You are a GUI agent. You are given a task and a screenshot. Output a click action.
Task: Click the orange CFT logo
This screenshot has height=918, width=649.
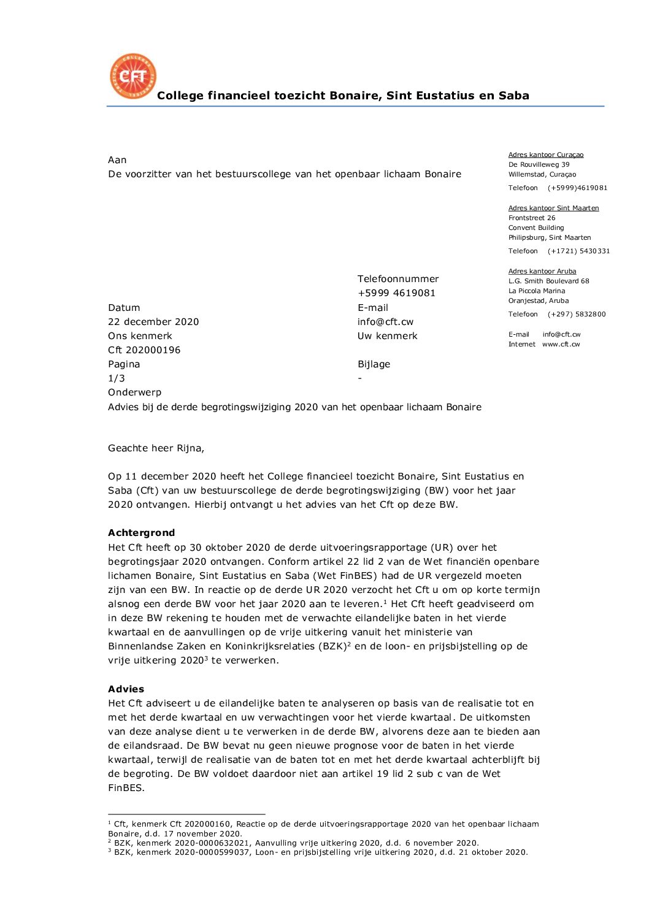pyautogui.click(x=132, y=76)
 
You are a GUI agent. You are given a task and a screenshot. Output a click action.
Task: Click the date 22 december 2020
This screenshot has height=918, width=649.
pyautogui.click(x=153, y=322)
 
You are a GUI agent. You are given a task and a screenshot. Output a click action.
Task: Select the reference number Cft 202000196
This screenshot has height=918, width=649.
pyautogui.click(x=144, y=350)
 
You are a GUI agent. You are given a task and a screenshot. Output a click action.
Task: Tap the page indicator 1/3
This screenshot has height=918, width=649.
pyautogui.click(x=117, y=378)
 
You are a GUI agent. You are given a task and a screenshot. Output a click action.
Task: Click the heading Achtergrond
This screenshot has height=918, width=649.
pyautogui.click(x=141, y=533)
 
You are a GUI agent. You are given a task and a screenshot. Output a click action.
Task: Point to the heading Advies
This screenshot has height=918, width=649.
pyautogui.click(x=126, y=689)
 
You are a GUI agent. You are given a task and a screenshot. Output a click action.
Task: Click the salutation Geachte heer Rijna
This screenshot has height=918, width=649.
pyautogui.click(x=156, y=448)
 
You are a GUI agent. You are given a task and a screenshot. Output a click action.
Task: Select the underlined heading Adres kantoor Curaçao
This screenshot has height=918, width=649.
pyautogui.click(x=546, y=155)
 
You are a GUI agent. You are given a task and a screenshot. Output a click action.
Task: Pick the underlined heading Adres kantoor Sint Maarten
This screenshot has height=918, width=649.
pyautogui.click(x=553, y=208)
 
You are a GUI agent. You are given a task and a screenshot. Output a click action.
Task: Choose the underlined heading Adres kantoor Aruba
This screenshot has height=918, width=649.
pyautogui.click(x=542, y=272)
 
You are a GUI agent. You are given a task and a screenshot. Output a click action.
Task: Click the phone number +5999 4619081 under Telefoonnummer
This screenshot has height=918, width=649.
pyautogui.click(x=396, y=293)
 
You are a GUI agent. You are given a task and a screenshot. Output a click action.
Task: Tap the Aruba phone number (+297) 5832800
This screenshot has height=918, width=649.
pyautogui.click(x=577, y=315)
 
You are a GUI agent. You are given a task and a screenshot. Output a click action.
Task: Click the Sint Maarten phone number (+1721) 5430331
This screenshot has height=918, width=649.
pyautogui.click(x=578, y=251)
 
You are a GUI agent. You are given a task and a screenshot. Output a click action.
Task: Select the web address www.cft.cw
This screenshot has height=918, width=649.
pyautogui.click(x=561, y=345)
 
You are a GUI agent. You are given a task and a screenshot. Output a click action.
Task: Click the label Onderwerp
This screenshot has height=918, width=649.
pyautogui.click(x=134, y=392)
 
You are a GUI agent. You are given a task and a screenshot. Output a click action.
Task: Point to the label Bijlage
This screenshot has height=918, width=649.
pyautogui.click(x=374, y=364)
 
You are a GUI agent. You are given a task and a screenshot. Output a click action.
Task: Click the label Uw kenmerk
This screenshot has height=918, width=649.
pyautogui.click(x=387, y=336)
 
